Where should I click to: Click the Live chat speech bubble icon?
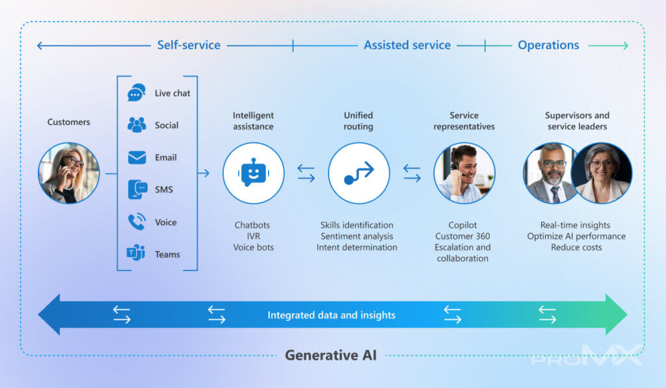click(x=137, y=93)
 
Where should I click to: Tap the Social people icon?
click(x=137, y=125)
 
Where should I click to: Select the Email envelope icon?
click(x=137, y=157)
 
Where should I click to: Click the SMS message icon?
click(x=137, y=190)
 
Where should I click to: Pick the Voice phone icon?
click(x=137, y=222)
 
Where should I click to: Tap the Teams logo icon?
click(x=136, y=254)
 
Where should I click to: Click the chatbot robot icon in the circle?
click(x=253, y=174)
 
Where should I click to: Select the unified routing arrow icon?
click(x=359, y=174)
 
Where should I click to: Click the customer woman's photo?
click(x=69, y=174)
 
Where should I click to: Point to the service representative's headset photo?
click(x=464, y=174)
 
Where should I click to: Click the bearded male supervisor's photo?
click(x=551, y=174)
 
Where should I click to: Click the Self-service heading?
click(x=189, y=45)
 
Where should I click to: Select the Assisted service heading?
click(x=407, y=45)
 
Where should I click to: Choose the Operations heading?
click(x=548, y=45)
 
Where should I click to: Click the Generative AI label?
click(x=330, y=356)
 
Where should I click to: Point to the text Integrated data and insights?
click(x=331, y=315)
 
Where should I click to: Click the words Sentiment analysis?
click(x=356, y=237)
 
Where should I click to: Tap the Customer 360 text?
click(x=462, y=237)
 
